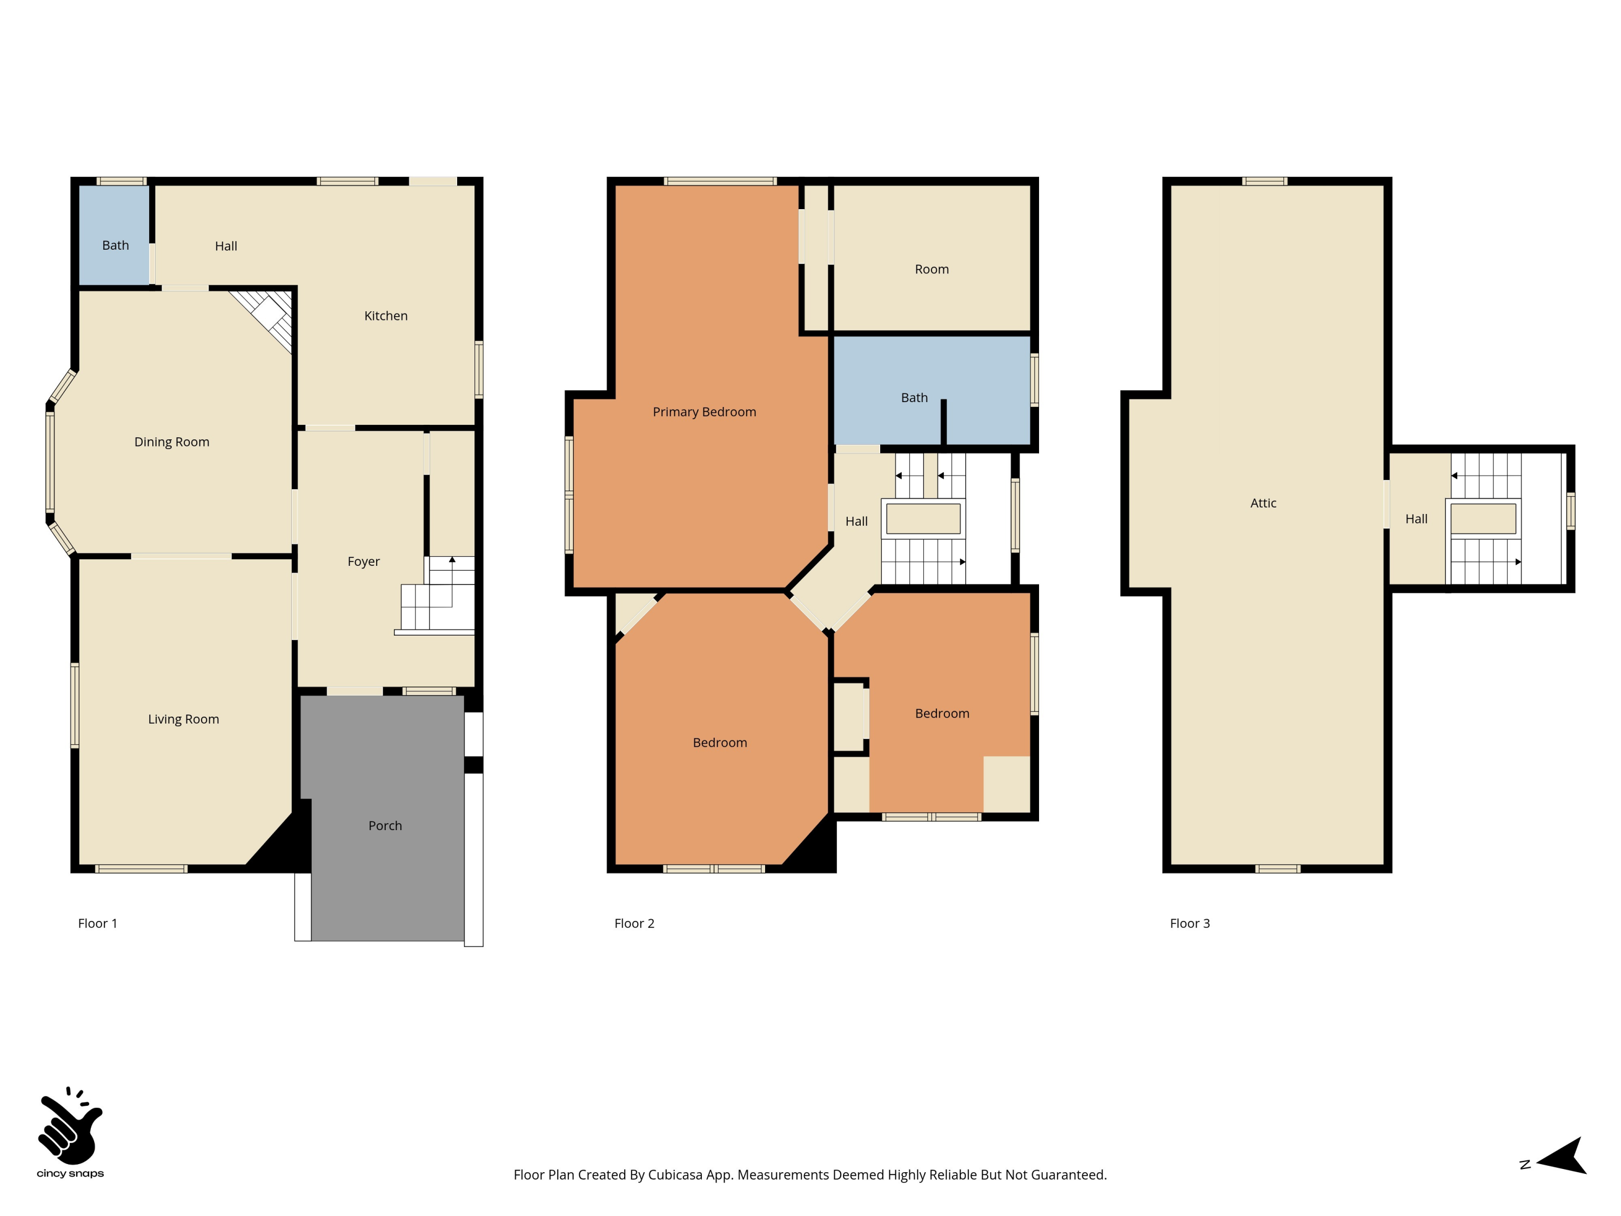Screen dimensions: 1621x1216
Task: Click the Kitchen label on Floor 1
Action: (385, 316)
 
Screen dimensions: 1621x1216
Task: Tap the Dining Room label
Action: (171, 442)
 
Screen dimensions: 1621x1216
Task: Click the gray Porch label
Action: (385, 826)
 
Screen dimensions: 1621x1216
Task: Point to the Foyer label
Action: (364, 562)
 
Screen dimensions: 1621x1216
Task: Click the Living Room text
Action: (183, 719)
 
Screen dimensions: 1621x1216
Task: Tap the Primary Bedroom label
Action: (704, 412)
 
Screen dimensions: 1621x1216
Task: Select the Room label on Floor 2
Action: (932, 269)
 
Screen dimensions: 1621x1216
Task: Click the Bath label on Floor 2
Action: (914, 397)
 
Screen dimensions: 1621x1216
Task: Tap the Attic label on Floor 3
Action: (1263, 503)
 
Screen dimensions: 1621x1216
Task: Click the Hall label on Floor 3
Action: (1416, 519)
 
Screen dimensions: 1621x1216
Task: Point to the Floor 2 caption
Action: (634, 924)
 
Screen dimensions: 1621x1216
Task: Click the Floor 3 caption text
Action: (1189, 924)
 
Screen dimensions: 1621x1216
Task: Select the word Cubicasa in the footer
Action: (674, 1175)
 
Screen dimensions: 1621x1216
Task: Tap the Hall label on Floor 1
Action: (226, 246)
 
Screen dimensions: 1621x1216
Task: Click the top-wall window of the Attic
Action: (1264, 181)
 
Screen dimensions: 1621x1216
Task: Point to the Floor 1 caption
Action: (97, 924)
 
